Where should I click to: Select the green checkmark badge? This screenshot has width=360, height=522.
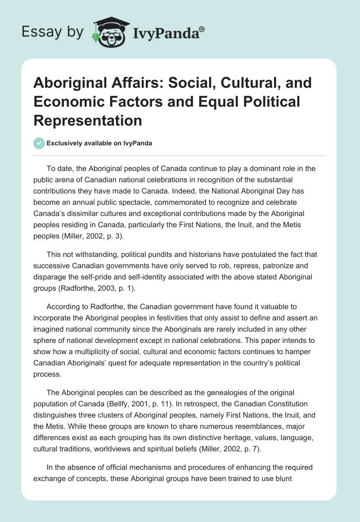pyautogui.click(x=39, y=143)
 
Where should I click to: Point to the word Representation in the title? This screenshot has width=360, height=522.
pyautogui.click(x=87, y=120)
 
